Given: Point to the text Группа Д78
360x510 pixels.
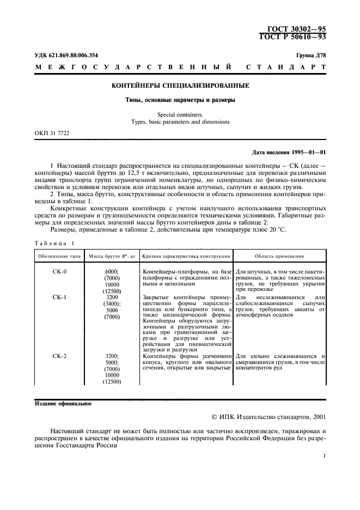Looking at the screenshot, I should pyautogui.click(x=311, y=56).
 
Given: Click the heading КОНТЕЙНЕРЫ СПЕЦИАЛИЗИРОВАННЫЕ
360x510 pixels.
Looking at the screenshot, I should pyautogui.click(x=180, y=86).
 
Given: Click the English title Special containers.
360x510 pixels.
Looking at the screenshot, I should pyautogui.click(x=180, y=114).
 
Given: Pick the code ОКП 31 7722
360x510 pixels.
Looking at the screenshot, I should pyautogui.click(x=52, y=133).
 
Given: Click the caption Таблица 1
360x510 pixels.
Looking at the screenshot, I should pyautogui.click(x=54, y=243).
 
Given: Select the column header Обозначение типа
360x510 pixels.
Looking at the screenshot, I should pyautogui.click(x=58, y=256).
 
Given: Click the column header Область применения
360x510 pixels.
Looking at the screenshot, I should pyautogui.click(x=280, y=256).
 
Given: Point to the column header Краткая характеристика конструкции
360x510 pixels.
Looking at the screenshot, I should pyautogui.click(x=186, y=256).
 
